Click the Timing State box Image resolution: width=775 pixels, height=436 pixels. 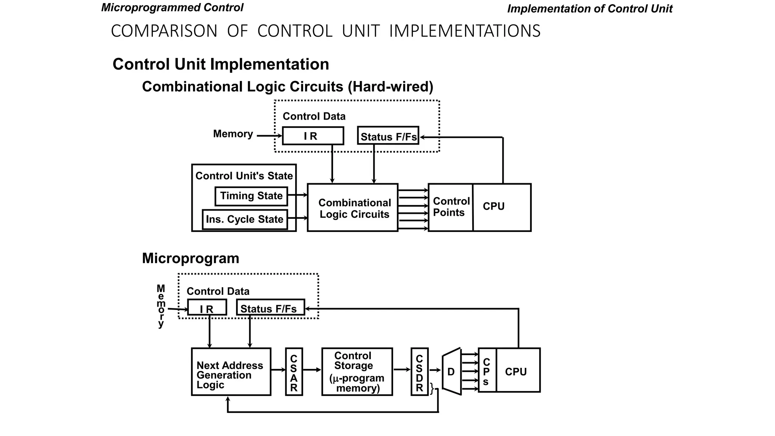251,196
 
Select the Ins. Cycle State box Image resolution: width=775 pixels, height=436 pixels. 245,220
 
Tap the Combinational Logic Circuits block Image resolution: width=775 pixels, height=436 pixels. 353,208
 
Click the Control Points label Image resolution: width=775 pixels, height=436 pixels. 451,207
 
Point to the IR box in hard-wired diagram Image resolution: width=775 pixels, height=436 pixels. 313,136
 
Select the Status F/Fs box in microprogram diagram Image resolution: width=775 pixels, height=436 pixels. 270,308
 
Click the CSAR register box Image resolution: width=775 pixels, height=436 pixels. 294,372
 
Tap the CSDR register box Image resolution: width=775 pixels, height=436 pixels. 419,372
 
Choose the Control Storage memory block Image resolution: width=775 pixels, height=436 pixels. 357,372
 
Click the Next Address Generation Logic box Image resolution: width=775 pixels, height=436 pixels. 231,372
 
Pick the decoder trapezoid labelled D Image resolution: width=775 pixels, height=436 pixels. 452,372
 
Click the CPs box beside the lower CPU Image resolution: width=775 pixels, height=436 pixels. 487,371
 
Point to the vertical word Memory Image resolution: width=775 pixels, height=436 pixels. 161,306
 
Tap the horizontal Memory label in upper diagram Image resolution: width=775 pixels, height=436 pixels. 233,134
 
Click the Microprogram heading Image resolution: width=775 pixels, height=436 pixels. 190,258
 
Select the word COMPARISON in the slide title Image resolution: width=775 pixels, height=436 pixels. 164,31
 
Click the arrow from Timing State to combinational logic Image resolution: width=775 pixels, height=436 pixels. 298,195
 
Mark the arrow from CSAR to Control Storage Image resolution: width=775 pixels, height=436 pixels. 312,370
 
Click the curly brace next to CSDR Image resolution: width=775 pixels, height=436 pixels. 432,389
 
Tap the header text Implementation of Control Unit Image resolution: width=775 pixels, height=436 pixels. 589,9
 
